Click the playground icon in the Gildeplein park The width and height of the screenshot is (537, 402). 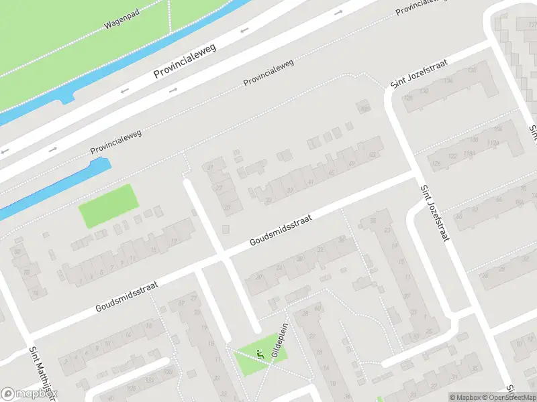pos(260,354)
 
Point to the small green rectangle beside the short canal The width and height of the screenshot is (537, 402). pos(108,206)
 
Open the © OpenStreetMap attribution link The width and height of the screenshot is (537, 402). pos(509,397)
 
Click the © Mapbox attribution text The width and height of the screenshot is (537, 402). pos(465,397)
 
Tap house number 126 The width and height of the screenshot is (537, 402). pos(436,163)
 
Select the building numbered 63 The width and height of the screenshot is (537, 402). pos(372,155)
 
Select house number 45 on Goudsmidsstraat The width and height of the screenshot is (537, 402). pos(330,172)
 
